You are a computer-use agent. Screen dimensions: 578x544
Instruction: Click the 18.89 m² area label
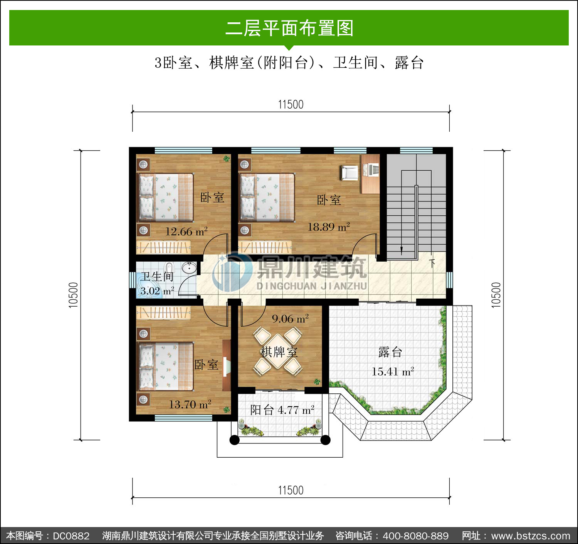coord(329,227)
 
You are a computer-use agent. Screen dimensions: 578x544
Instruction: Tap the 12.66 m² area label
coord(187,232)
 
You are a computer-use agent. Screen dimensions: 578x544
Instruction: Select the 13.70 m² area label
coord(190,404)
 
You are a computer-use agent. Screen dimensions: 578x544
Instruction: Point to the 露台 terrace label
coord(390,352)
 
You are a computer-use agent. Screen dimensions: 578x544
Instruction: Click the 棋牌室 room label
coord(279,352)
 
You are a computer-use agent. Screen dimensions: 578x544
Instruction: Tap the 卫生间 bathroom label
coord(157,277)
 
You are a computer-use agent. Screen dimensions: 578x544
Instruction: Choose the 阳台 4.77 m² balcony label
coord(282,410)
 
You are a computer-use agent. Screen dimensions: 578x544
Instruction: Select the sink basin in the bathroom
coord(189,267)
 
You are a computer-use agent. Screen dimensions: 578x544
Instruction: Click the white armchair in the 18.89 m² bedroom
coord(349,172)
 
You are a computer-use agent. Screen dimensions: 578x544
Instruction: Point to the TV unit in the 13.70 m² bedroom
coord(227,365)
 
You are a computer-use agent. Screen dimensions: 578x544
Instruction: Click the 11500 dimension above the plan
coord(291,104)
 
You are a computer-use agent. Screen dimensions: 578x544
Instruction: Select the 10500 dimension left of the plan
coord(73,295)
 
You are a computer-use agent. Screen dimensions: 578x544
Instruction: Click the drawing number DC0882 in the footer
coord(71,536)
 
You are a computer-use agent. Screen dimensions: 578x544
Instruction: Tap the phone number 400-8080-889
coord(416,536)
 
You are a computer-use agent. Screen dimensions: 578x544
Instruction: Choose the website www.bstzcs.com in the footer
coord(531,536)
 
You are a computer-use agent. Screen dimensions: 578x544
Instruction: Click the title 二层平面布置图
coord(290,28)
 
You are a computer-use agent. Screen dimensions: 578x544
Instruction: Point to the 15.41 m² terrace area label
coord(393,372)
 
